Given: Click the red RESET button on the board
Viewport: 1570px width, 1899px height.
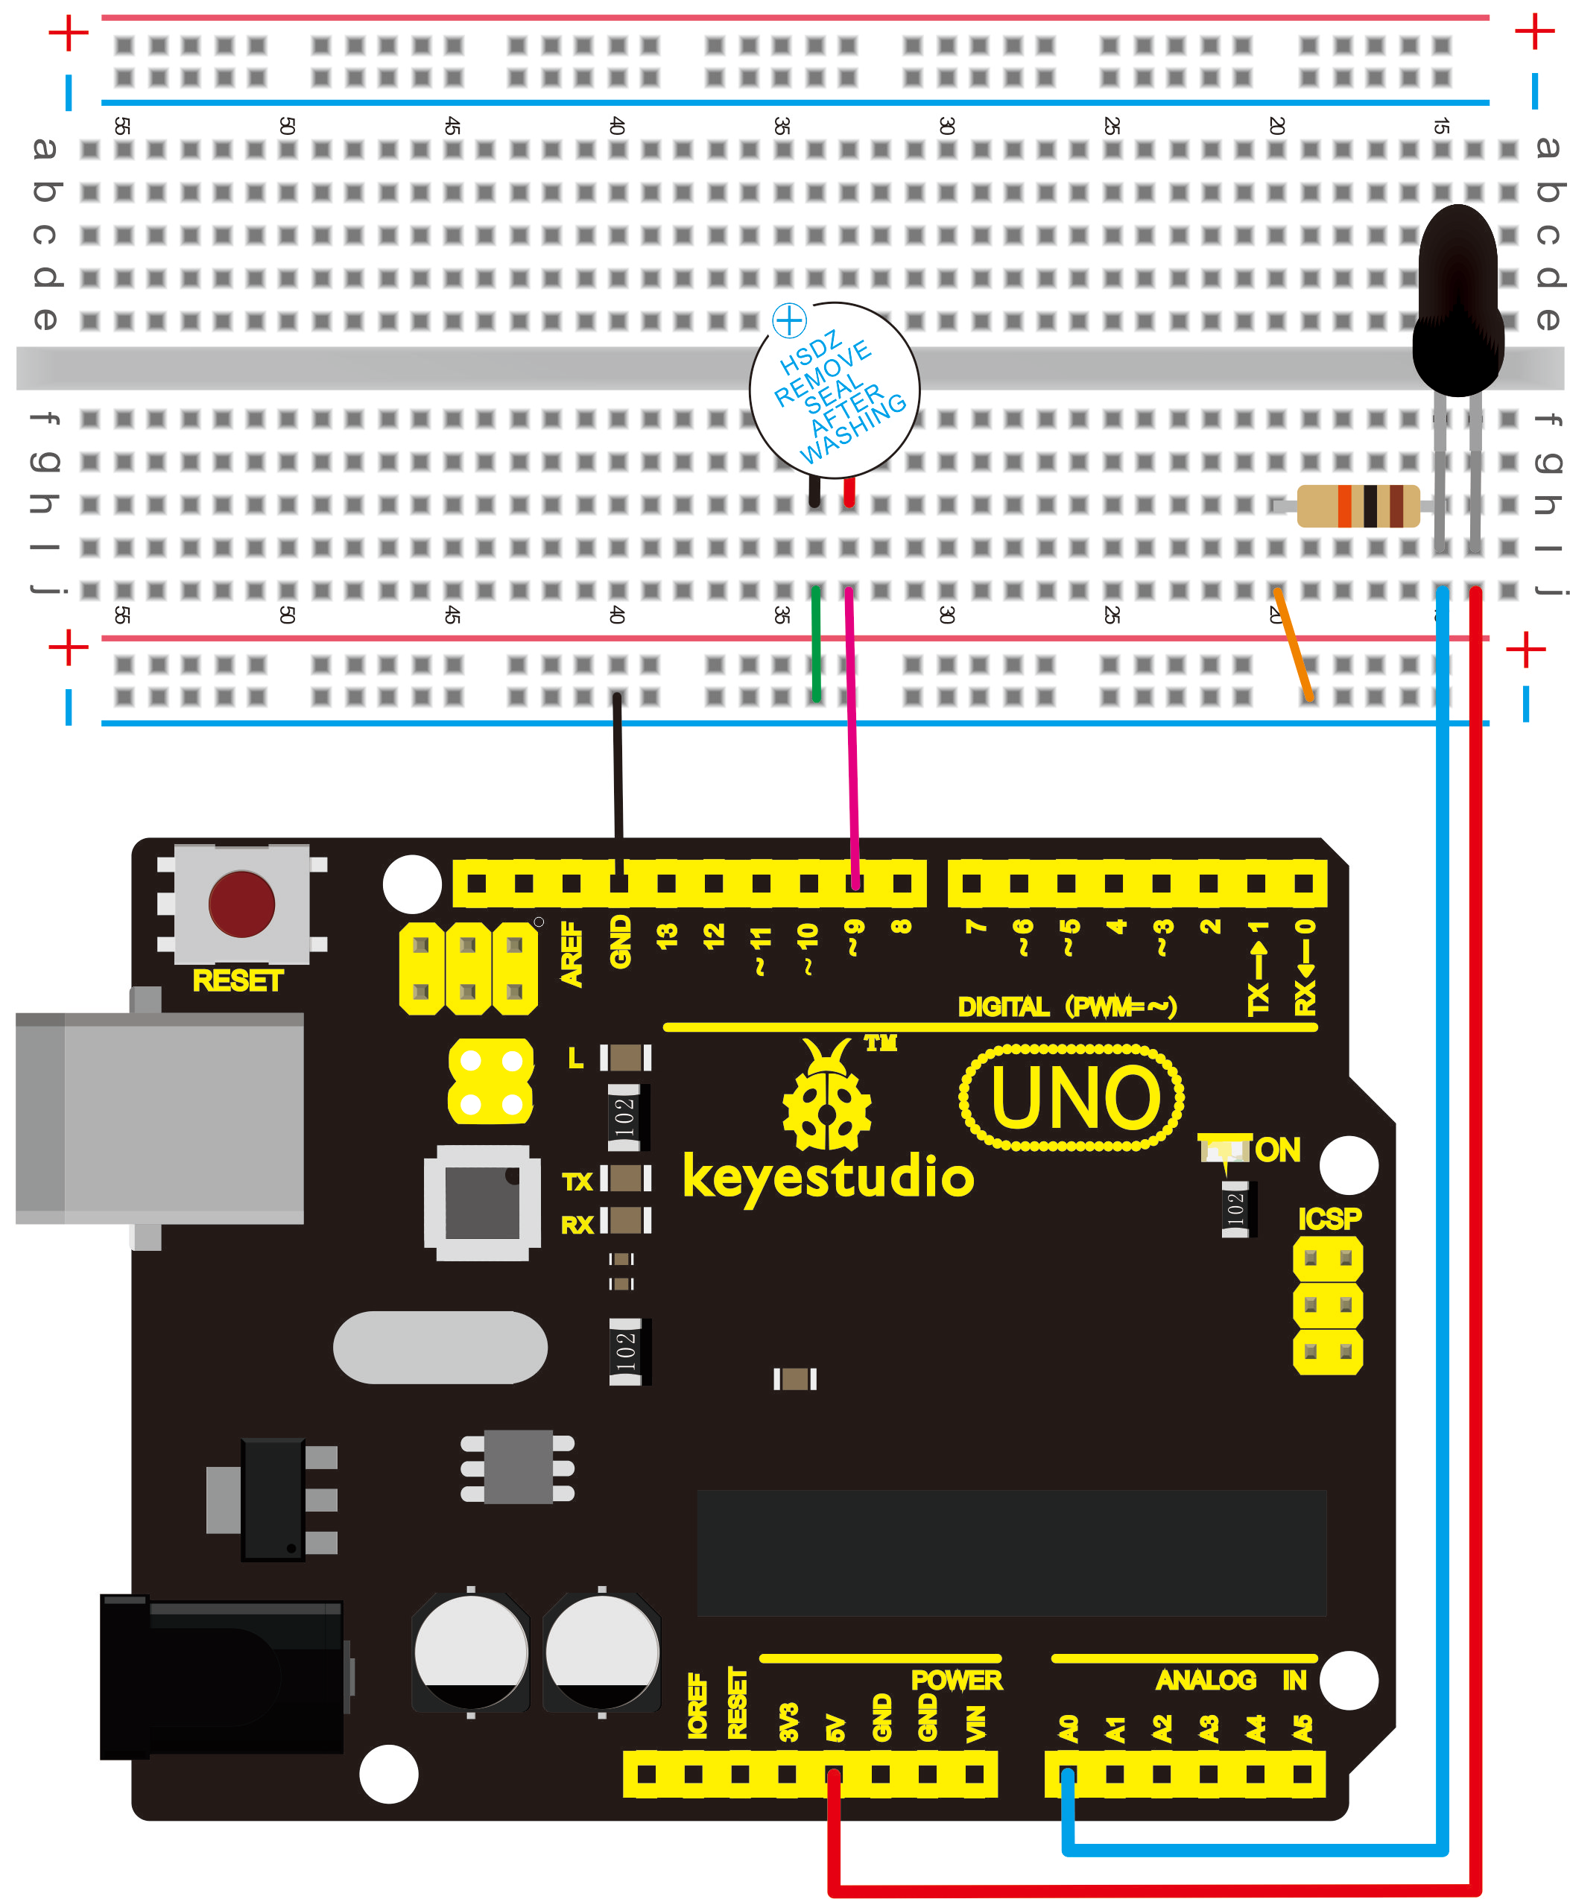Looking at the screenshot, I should [241, 904].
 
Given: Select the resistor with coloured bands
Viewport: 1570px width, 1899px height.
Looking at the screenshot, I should [1358, 506].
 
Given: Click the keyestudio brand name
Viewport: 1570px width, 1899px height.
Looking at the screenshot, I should [829, 1176].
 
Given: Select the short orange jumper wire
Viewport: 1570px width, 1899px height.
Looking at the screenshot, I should [1292, 644].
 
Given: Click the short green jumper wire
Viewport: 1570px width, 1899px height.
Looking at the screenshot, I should [817, 644].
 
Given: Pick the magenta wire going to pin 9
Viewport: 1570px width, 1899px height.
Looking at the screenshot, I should [851, 723].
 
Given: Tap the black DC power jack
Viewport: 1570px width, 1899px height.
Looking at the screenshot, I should [221, 1678].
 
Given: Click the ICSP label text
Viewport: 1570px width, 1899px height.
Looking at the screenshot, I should [1329, 1219].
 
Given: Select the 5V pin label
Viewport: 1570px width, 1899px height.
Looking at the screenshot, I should [835, 1728].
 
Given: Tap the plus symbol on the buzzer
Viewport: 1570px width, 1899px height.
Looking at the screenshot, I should [788, 320].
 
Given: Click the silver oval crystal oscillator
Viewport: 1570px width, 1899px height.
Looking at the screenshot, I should [440, 1348].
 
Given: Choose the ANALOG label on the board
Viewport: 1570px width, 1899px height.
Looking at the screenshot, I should [1206, 1680].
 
